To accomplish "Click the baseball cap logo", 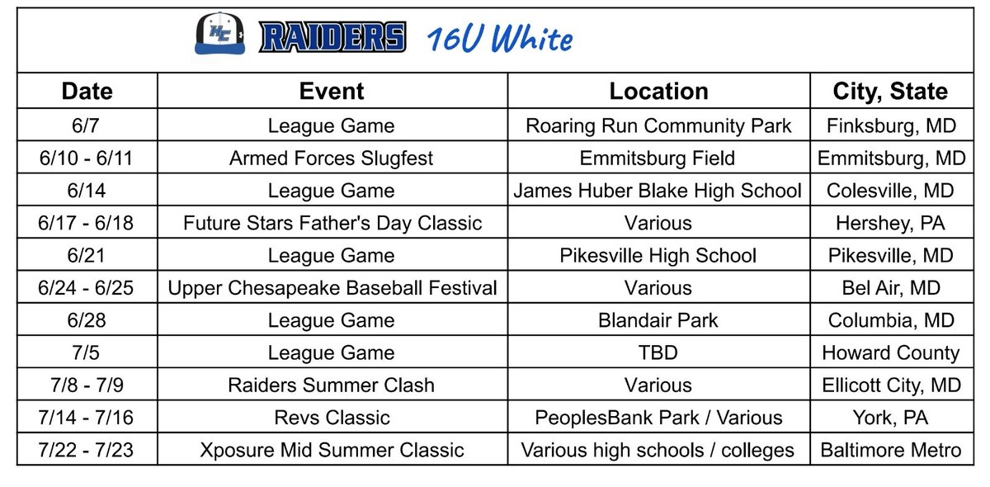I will pos(219,35).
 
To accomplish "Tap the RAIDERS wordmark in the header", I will pos(332,37).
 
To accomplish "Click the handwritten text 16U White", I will pos(500,39).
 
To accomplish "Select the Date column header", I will pos(87,91).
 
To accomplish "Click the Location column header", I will pos(658,91).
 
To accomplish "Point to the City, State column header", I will pos(891,91).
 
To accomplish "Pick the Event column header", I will pos(332,91).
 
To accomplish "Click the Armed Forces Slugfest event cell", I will pos(332,158).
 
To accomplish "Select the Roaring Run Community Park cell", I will pos(658,126).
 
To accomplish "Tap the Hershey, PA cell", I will pos(891,223).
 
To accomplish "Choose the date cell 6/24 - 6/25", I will pos(87,288).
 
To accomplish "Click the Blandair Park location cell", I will pos(658,320).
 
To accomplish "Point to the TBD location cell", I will pos(658,353).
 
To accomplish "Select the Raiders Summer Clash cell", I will pos(332,385).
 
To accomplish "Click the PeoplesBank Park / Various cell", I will pos(658,418).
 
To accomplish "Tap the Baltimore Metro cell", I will pos(891,451).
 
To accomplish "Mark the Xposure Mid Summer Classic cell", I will pos(332,451).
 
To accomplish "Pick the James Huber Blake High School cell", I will pos(658,191).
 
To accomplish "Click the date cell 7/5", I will pos(87,353).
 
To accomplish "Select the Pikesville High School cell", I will pos(658,256).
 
